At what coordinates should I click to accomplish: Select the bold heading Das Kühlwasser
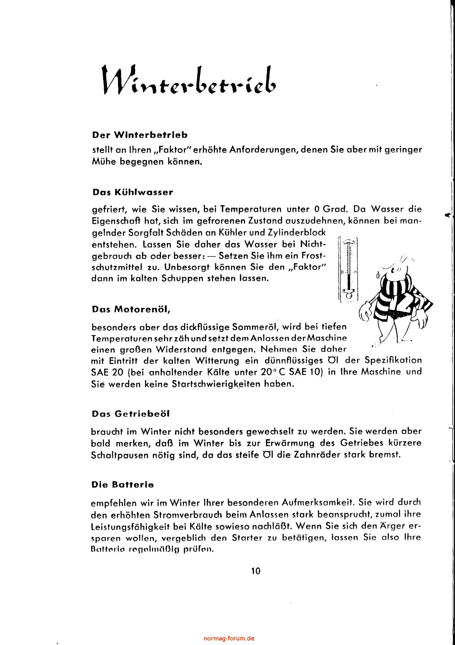pos(133,192)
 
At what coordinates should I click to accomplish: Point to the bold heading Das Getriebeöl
pos(131,414)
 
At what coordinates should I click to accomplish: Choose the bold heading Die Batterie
pos(123,485)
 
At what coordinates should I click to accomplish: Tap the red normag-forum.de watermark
pos(229,629)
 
